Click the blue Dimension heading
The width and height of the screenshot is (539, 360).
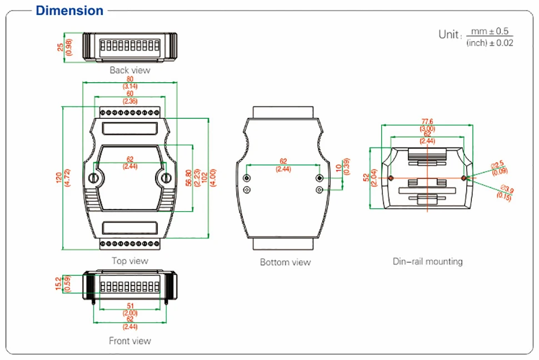69,11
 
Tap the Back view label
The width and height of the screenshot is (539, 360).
129,70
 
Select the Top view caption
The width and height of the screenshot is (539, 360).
129,261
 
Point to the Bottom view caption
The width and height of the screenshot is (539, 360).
285,262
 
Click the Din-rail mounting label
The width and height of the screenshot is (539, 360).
427,261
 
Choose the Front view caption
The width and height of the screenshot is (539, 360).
129,341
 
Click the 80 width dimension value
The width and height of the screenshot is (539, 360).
130,79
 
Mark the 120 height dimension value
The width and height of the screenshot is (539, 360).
58,178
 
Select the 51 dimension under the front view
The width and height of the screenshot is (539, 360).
130,306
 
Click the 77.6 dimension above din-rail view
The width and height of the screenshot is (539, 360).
427,122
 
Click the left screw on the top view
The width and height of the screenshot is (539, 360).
94,178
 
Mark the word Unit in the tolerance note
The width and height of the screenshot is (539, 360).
449,34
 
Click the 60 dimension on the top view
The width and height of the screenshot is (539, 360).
130,94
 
